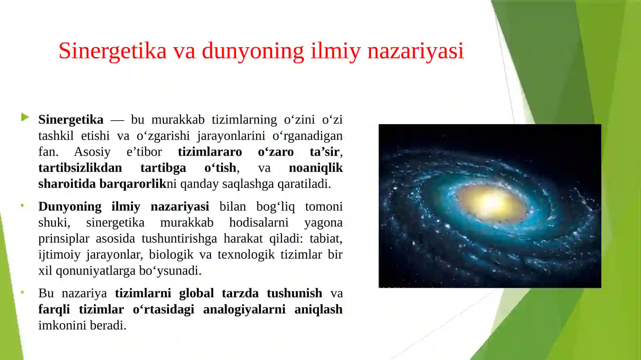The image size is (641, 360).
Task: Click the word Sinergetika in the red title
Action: [x=112, y=51]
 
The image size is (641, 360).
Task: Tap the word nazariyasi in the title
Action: [x=415, y=51]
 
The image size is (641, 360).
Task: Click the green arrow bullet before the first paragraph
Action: [x=25, y=117]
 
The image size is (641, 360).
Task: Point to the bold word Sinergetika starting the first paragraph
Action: [x=71, y=120]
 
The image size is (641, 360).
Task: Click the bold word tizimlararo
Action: [x=210, y=152]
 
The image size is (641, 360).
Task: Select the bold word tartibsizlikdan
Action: [x=80, y=168]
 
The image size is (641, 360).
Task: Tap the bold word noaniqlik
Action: [x=315, y=168]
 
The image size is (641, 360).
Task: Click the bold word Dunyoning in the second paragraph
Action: [x=70, y=207]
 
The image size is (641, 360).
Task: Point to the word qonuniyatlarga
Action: [x=95, y=271]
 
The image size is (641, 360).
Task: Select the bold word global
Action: [x=196, y=293]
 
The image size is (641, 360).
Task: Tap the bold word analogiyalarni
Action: [x=244, y=309]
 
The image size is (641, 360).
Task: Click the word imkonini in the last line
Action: [x=62, y=325]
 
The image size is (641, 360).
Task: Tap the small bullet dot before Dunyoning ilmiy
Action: [x=22, y=206]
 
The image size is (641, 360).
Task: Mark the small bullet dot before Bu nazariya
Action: [x=22, y=292]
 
